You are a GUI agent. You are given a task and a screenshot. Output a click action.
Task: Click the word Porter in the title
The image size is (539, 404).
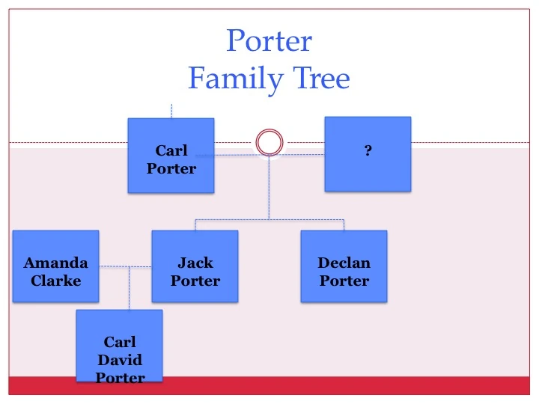pyautogui.click(x=269, y=41)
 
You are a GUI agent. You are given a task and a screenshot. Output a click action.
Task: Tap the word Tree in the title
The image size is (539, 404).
pyautogui.click(x=315, y=78)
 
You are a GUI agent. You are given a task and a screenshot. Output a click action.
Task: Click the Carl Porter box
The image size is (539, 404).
pyautogui.click(x=171, y=156)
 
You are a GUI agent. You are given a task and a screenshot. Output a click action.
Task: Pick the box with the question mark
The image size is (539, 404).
pyautogui.click(x=368, y=153)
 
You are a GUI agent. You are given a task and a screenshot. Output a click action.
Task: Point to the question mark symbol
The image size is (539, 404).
pyautogui.click(x=368, y=151)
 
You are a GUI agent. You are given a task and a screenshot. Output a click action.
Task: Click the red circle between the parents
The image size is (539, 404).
pyautogui.click(x=269, y=142)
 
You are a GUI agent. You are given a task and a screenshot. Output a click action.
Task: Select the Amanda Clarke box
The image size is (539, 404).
pyautogui.click(x=55, y=266)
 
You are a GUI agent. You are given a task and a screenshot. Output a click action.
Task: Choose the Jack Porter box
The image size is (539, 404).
pyautogui.click(x=195, y=266)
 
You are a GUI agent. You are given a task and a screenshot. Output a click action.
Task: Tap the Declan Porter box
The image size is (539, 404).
pyautogui.click(x=344, y=266)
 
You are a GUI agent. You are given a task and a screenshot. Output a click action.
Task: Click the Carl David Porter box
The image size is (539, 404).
pyautogui.click(x=120, y=346)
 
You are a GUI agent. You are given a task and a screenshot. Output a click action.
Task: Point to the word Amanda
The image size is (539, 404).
pyautogui.click(x=55, y=263)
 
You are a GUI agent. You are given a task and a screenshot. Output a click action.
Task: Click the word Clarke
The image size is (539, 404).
pyautogui.click(x=55, y=281)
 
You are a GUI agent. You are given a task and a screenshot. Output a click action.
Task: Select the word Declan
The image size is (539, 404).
pyautogui.click(x=344, y=263)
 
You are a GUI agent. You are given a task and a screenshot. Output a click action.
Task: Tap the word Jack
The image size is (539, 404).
pyautogui.click(x=195, y=263)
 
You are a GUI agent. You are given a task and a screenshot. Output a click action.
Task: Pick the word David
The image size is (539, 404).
pyautogui.click(x=120, y=360)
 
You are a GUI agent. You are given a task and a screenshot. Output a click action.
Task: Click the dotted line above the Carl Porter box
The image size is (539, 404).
pyautogui.click(x=171, y=111)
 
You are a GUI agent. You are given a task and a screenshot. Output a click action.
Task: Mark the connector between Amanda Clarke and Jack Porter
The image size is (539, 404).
pyautogui.click(x=125, y=266)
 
